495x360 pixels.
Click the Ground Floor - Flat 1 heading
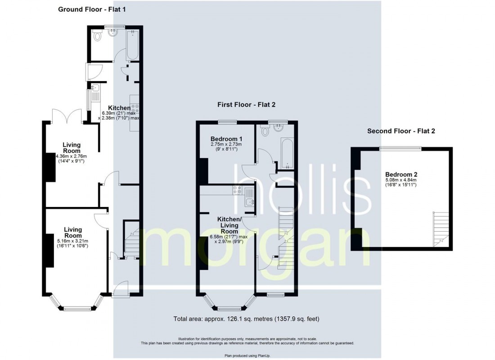click(x=92, y=9)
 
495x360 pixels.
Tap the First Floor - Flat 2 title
click(x=246, y=104)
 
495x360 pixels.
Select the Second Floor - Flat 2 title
click(x=401, y=131)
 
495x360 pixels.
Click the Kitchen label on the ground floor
click(x=119, y=108)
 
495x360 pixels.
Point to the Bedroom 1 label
click(x=226, y=139)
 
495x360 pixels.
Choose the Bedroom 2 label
click(x=401, y=174)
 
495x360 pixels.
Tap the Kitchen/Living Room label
click(x=229, y=225)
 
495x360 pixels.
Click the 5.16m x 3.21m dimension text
click(x=72, y=241)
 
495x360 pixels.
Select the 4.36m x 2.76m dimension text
click(x=72, y=156)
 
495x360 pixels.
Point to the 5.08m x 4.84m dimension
click(x=401, y=180)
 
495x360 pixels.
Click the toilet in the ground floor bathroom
click(x=98, y=36)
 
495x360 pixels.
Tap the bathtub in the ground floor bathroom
click(x=132, y=45)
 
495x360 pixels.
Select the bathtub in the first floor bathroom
click(x=287, y=153)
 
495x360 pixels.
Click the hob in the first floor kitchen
click(x=238, y=190)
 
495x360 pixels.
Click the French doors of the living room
click(x=67, y=116)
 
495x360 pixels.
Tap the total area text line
click(x=246, y=319)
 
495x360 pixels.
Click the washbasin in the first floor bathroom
click(x=279, y=128)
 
